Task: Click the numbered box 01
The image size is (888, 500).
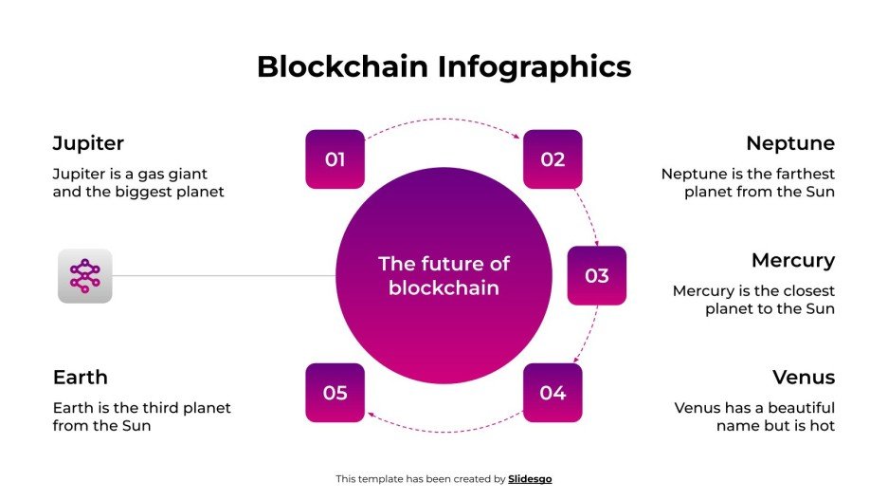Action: [335, 159]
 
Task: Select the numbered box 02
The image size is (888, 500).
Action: [553, 159]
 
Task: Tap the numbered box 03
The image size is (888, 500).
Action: [596, 276]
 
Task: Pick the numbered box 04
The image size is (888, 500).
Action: [553, 393]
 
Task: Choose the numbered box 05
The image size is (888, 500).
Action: [335, 393]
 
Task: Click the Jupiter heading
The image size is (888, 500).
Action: [88, 143]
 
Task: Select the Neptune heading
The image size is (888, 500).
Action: [790, 143]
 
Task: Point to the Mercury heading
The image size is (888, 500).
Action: [793, 260]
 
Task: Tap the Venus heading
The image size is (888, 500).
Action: [804, 377]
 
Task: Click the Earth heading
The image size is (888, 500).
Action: [81, 377]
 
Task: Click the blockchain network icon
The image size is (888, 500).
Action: [84, 276]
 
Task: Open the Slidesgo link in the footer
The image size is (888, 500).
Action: [530, 479]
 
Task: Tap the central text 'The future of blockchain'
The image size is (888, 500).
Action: [444, 276]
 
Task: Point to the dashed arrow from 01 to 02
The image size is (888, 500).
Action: [444, 120]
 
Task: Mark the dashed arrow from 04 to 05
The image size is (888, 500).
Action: [444, 432]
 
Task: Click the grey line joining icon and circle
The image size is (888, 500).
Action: [224, 276]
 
